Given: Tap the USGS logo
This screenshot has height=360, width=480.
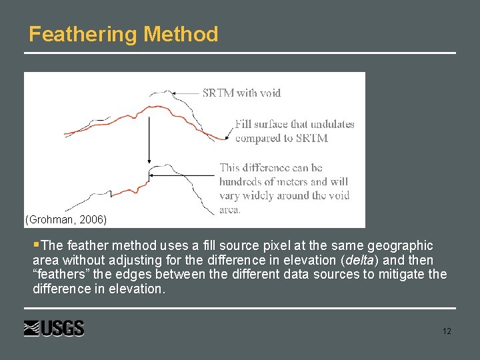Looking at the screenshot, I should point(54,329).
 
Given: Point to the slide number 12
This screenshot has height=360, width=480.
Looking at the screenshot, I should point(446,331).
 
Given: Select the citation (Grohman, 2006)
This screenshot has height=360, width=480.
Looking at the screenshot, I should point(65,219).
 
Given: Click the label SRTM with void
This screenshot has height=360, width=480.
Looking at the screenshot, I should point(241,93).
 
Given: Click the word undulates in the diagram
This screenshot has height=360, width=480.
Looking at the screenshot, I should point(331,124).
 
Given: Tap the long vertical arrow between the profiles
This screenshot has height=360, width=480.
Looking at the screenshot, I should point(148,133).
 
